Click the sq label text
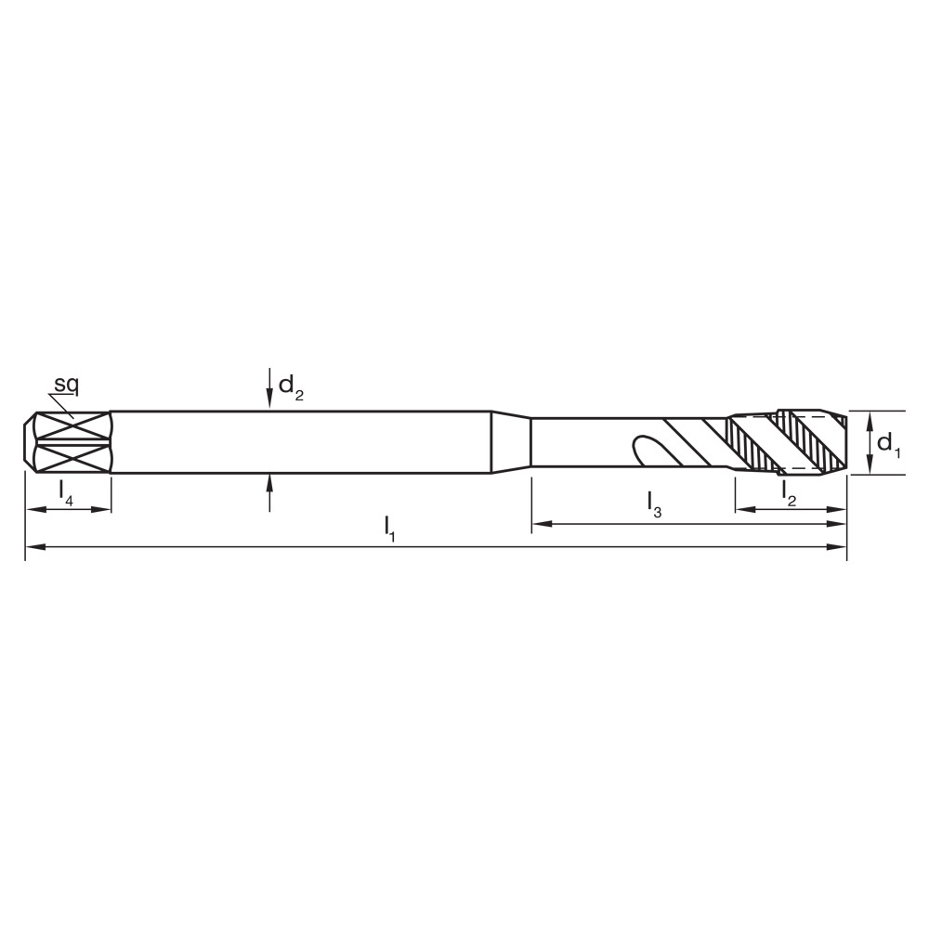click(x=65, y=384)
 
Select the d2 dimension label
click(x=291, y=386)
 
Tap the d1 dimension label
click(x=889, y=443)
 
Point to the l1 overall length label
click(x=390, y=529)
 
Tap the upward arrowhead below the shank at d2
click(x=269, y=480)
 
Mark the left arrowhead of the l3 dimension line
click(x=539, y=525)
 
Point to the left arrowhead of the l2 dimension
click(x=742, y=509)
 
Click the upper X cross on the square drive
click(x=72, y=427)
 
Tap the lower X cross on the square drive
click(x=72, y=458)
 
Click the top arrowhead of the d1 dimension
click(x=870, y=418)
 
